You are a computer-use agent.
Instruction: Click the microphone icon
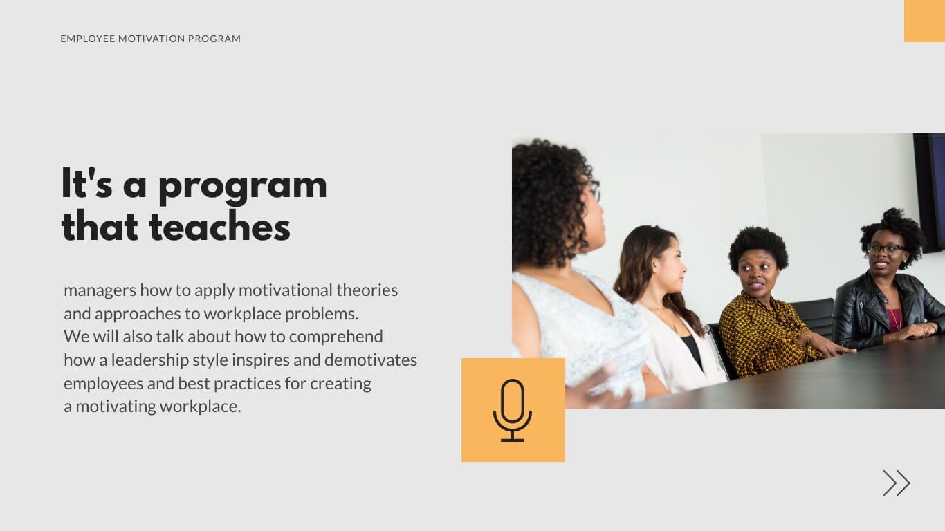(x=513, y=410)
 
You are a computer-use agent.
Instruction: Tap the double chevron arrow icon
(x=896, y=483)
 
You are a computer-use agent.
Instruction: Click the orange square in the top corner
(x=924, y=21)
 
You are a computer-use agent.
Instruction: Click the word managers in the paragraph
(x=100, y=290)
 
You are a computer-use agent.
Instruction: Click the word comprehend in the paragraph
(x=336, y=337)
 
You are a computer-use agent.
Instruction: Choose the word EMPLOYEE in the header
(x=87, y=39)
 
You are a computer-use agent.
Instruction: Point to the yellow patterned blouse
(x=761, y=339)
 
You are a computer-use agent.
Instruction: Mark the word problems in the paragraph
(x=322, y=314)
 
